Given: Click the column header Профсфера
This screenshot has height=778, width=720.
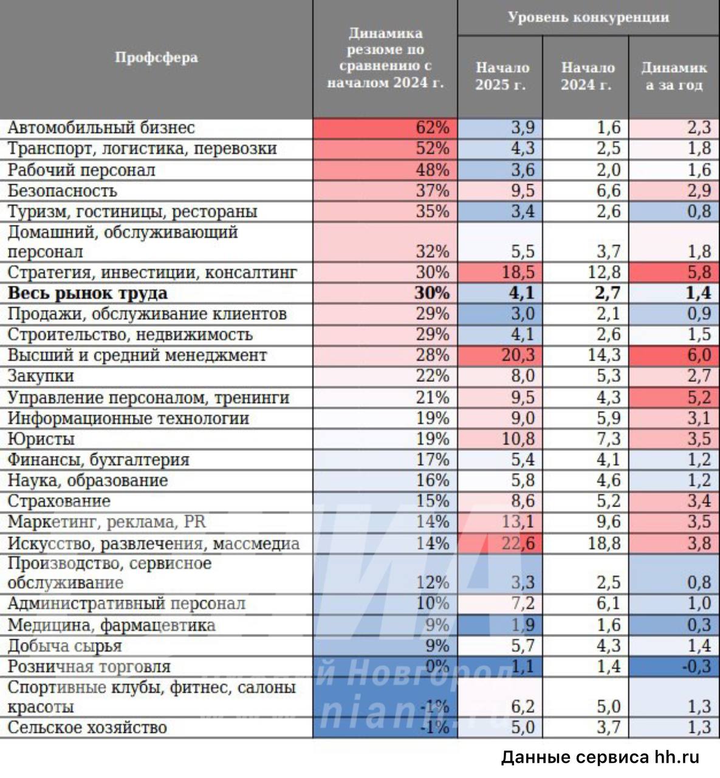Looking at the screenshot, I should (156, 58).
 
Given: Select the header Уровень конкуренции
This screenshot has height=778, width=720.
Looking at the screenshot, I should (588, 17).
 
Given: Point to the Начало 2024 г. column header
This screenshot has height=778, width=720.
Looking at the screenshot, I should (586, 76).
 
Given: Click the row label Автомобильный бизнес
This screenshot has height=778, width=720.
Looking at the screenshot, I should (101, 128).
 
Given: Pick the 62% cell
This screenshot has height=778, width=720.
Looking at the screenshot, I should (432, 128).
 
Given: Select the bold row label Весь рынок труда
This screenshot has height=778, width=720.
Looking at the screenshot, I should (87, 293).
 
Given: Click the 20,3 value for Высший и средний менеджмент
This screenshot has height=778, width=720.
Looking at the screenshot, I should (517, 355).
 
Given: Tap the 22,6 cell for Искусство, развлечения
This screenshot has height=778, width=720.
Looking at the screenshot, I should (517, 543).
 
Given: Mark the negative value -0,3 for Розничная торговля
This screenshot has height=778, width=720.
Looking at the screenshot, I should (695, 666).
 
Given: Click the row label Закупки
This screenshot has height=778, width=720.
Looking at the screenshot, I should (41, 376).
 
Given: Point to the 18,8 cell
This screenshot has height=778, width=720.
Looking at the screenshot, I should (604, 543).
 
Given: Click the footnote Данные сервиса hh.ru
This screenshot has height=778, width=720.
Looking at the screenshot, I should (600, 757).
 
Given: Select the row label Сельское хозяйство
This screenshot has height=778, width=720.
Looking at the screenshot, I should (87, 728).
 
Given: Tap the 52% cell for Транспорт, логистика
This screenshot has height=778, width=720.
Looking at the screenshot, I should (432, 148).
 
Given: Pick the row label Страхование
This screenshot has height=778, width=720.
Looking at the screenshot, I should (59, 501).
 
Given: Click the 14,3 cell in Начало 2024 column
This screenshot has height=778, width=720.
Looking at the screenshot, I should (604, 355).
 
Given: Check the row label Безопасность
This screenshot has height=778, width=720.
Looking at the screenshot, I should (62, 191).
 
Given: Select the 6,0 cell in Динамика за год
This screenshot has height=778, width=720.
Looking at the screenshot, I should (698, 355).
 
